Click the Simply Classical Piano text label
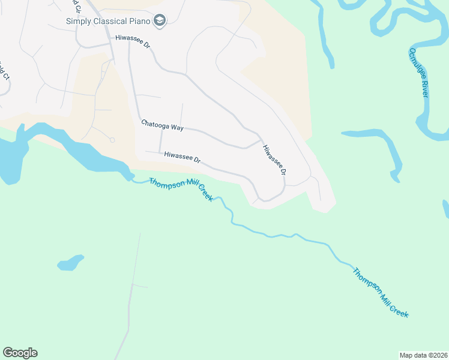pyautogui.click(x=107, y=22)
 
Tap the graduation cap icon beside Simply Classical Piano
pyautogui.click(x=159, y=22)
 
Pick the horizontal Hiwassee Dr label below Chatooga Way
pyautogui.click(x=182, y=157)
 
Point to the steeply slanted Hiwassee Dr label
pyautogui.click(x=274, y=160)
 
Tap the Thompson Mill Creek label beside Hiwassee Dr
pyautogui.click(x=181, y=189)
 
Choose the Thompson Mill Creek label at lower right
pyautogui.click(x=381, y=292)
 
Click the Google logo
pyautogui.click(x=20, y=353)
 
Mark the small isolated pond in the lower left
pyautogui.click(x=70, y=262)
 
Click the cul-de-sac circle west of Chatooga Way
pyautogui.click(x=112, y=140)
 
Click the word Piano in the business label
pyautogui.click(x=139, y=22)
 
